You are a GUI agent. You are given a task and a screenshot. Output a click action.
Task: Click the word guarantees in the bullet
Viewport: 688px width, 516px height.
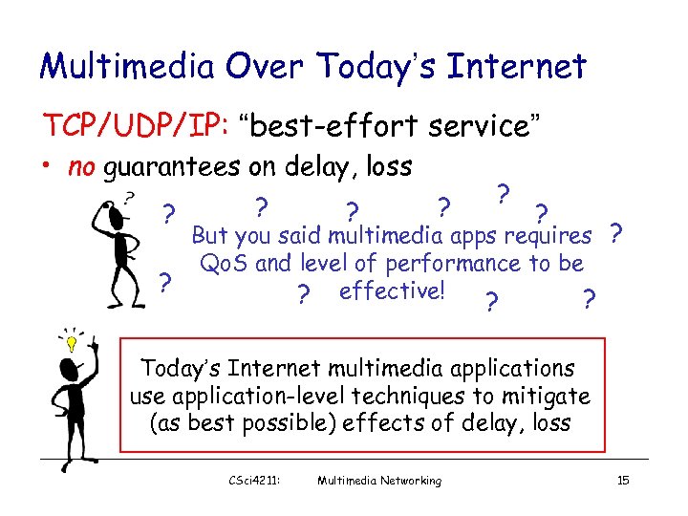point(168,169)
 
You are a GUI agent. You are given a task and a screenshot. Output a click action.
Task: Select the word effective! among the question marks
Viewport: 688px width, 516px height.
point(391,290)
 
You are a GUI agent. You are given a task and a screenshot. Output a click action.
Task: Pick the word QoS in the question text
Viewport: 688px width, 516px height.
point(224,263)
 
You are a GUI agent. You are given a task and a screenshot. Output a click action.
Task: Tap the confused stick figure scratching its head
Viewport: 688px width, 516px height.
point(122,244)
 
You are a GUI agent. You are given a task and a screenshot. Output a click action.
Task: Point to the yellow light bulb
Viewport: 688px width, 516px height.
point(70,339)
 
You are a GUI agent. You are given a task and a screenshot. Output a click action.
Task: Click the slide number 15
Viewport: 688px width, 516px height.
point(623,481)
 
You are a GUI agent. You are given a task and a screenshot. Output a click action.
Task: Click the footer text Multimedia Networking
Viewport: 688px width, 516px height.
point(379,481)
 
